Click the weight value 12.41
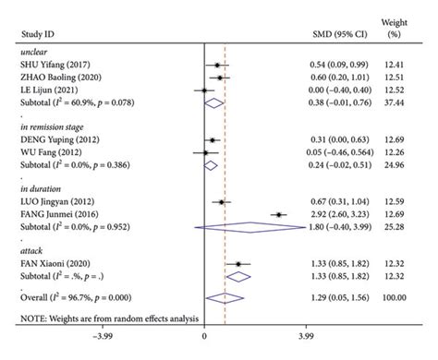(x=411, y=65)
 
